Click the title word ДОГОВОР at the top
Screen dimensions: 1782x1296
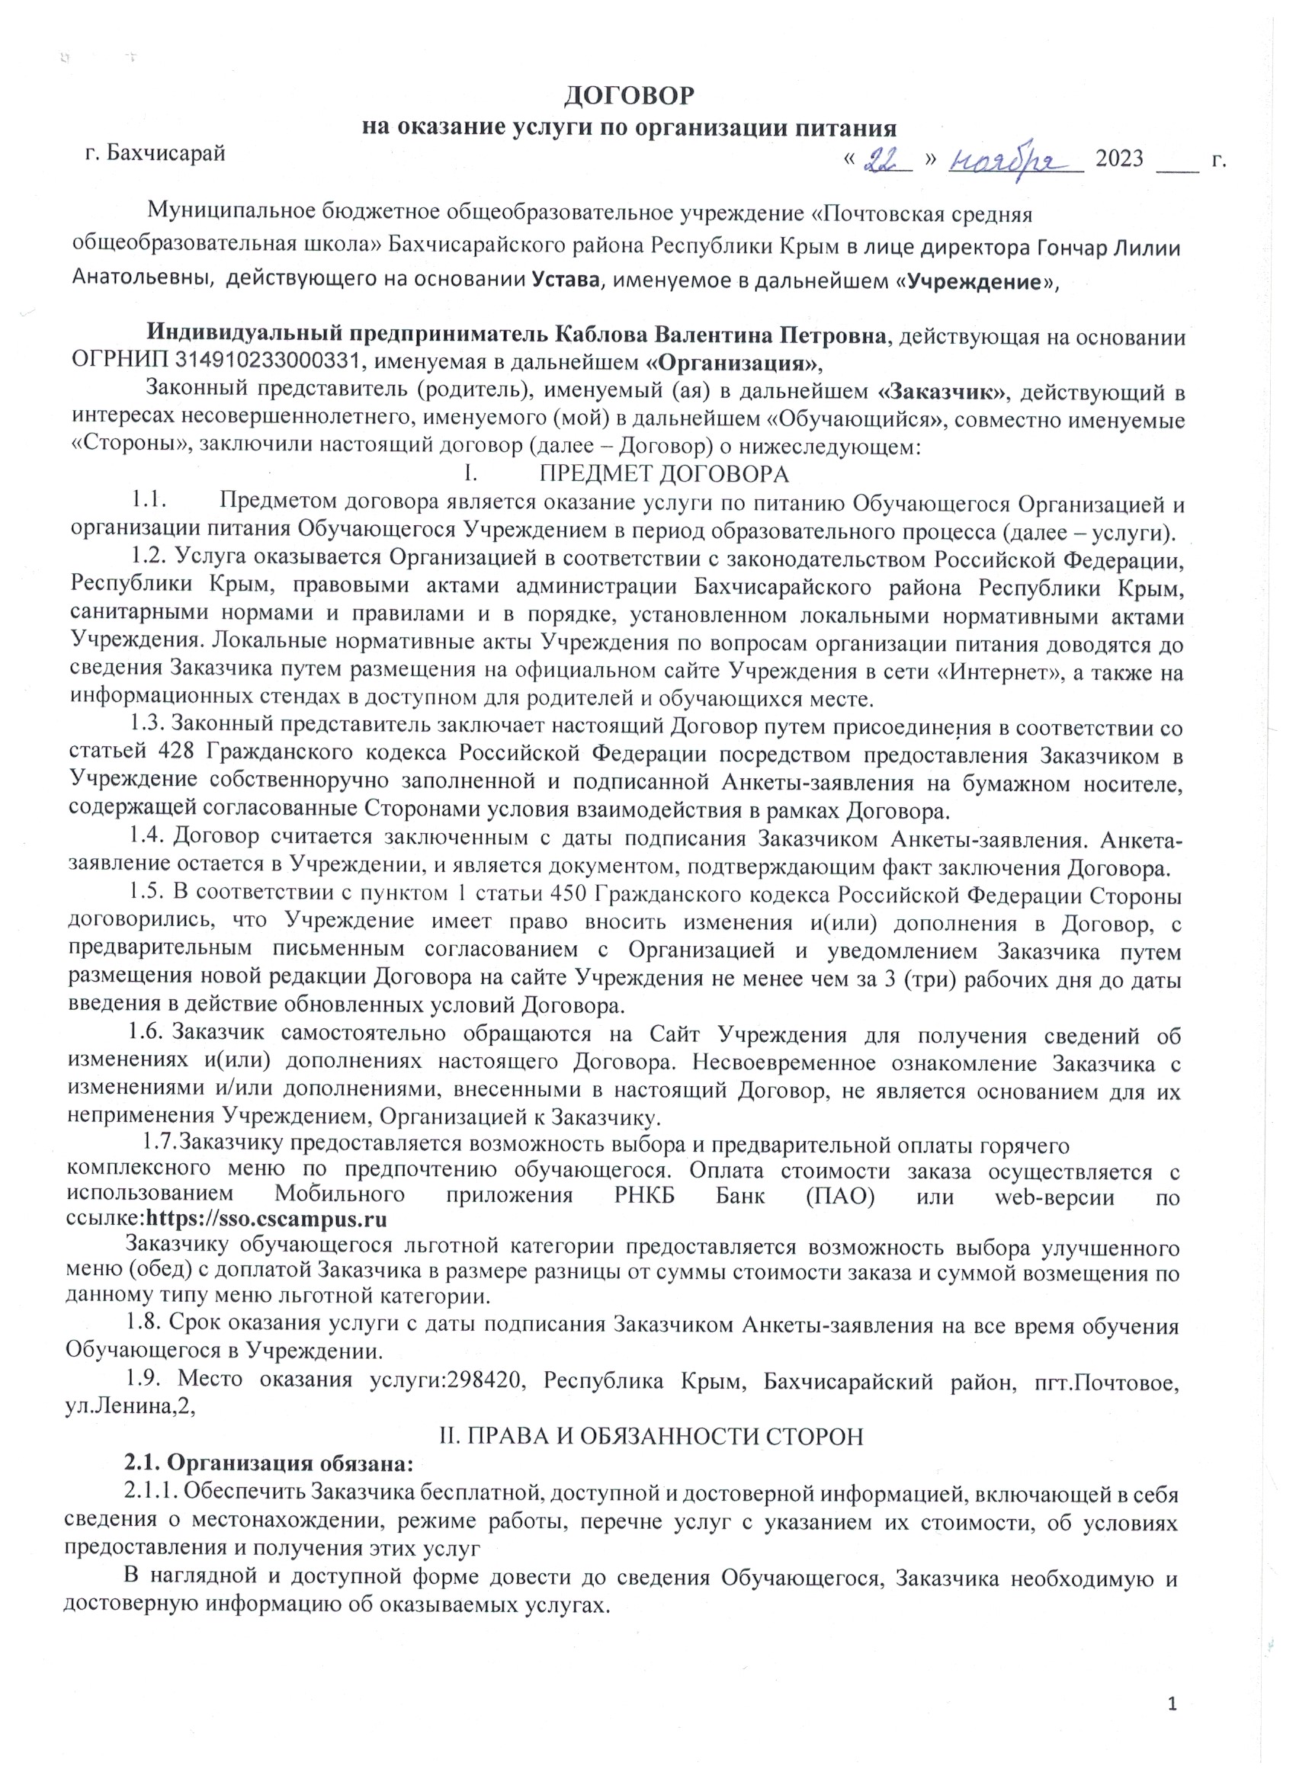pyautogui.click(x=630, y=95)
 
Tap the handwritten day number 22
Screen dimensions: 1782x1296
pyautogui.click(x=886, y=160)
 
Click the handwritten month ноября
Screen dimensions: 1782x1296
pyautogui.click(x=1012, y=161)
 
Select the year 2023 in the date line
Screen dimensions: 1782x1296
pyautogui.click(x=1119, y=159)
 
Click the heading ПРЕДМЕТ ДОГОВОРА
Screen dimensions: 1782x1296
pyautogui.click(x=663, y=475)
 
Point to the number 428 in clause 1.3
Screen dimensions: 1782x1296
pyautogui.click(x=177, y=755)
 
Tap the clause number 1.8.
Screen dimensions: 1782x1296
pyautogui.click(x=144, y=1325)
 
